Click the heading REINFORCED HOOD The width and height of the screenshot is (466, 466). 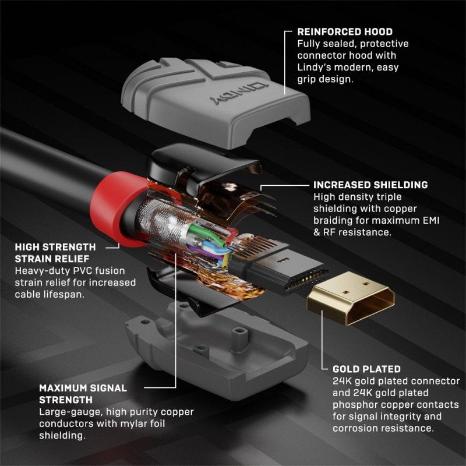coord(345,31)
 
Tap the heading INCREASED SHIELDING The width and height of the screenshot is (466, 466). coord(370,185)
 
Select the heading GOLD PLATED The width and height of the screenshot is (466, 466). coord(366,369)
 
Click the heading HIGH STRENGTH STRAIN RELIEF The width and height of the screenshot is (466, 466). coord(55,252)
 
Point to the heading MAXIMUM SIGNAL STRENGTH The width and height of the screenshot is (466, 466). coord(83,393)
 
